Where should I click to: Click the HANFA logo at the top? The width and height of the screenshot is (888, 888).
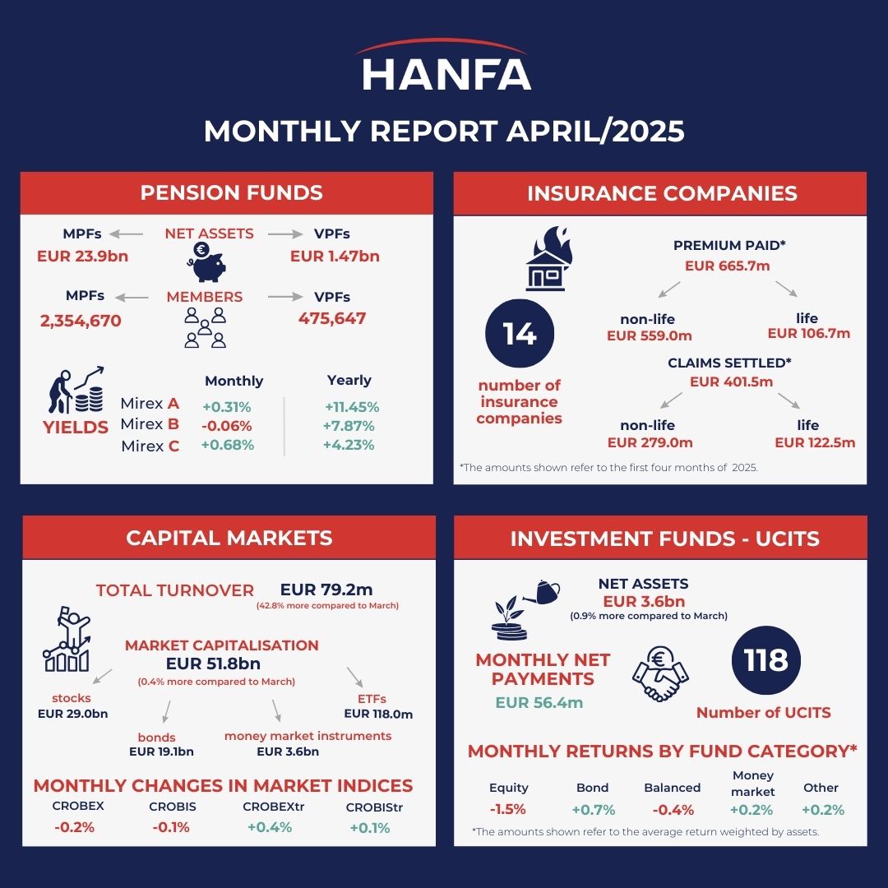pyautogui.click(x=445, y=67)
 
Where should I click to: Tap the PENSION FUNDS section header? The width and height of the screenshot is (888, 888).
pyautogui.click(x=231, y=193)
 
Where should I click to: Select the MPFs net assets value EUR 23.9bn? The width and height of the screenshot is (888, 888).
pyautogui.click(x=82, y=256)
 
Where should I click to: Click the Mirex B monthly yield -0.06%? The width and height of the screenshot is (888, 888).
pyautogui.click(x=226, y=426)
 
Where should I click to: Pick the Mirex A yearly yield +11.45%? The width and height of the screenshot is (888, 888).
pyautogui.click(x=351, y=407)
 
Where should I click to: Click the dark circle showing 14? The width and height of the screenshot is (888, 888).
pyautogui.click(x=520, y=334)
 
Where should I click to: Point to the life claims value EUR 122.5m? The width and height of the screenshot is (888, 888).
pyautogui.click(x=815, y=442)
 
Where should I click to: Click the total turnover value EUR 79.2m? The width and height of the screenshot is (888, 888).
pyautogui.click(x=326, y=590)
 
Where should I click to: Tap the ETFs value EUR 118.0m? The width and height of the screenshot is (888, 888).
pyautogui.click(x=378, y=714)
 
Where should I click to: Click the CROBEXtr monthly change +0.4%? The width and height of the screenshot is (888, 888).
pyautogui.click(x=270, y=827)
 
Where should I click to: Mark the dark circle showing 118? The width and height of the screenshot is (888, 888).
pyautogui.click(x=765, y=660)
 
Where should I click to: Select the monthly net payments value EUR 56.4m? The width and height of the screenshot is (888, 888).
pyautogui.click(x=539, y=702)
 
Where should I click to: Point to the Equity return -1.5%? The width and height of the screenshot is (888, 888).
pyautogui.click(x=507, y=809)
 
